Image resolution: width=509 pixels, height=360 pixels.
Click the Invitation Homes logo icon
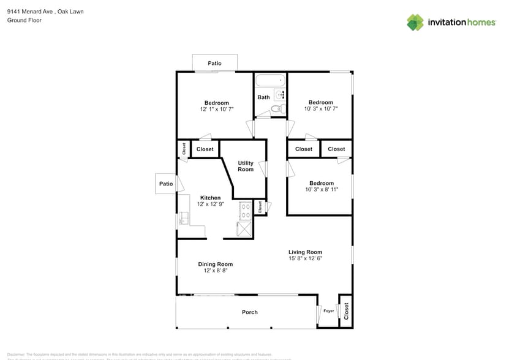(415, 22)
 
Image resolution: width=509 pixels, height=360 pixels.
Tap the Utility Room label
(246, 166)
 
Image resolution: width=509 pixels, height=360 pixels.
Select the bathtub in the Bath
(270, 80)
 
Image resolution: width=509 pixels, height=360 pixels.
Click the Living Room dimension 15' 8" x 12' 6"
(305, 258)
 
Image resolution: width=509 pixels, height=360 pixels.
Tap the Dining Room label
(215, 264)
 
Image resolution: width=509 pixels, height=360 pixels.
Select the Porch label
(249, 312)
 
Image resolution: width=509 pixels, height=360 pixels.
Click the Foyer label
(329, 311)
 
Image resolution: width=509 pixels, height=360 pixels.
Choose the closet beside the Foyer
(346, 312)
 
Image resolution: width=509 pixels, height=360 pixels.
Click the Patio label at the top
(214, 63)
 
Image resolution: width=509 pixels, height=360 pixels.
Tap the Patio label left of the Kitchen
(166, 184)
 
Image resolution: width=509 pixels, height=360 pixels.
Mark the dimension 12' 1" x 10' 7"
(217, 109)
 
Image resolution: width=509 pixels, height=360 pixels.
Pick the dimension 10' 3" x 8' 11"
(322, 189)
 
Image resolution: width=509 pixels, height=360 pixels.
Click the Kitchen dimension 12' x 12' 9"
(210, 204)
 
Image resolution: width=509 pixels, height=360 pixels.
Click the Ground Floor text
(24, 20)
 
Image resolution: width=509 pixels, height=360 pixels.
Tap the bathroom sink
(281, 94)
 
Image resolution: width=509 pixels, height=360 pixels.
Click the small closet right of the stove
(260, 208)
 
